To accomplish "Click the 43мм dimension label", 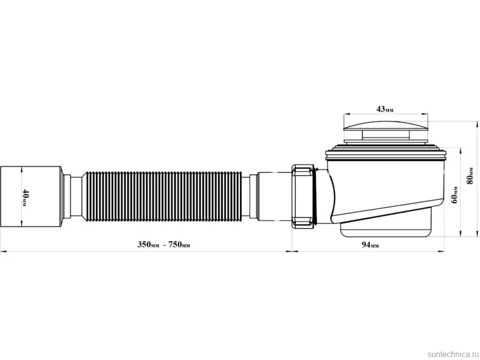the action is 385,109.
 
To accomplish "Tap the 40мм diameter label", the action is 25,197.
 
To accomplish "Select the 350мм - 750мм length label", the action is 163,245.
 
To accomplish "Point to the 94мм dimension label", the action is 370,245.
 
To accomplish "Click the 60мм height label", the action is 455,194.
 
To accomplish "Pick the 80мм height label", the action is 470,176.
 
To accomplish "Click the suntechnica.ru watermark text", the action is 453,354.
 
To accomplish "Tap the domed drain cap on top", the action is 385,126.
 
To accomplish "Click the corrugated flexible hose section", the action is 162,196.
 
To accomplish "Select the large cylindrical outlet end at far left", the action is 31,196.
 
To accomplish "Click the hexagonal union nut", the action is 303,196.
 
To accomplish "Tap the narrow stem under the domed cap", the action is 385,135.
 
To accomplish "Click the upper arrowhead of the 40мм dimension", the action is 21,169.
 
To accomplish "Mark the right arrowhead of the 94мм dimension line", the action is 441,252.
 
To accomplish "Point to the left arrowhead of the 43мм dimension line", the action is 346,115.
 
